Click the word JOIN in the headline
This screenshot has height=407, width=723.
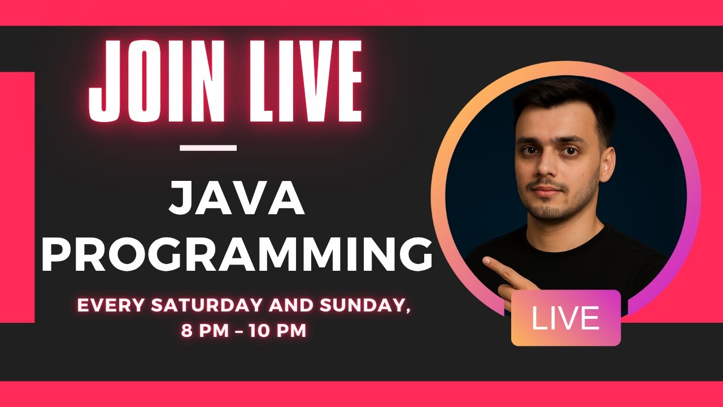click(157, 81)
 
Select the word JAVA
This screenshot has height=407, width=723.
click(237, 198)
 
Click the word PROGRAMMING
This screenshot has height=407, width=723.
click(237, 254)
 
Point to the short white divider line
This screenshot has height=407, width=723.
click(208, 148)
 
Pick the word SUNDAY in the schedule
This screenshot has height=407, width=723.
click(365, 306)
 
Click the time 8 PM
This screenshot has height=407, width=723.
click(205, 331)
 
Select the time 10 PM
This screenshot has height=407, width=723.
click(278, 331)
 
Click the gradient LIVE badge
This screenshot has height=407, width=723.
click(566, 318)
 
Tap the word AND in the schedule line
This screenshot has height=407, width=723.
click(292, 305)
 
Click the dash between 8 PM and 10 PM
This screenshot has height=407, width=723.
click(239, 331)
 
